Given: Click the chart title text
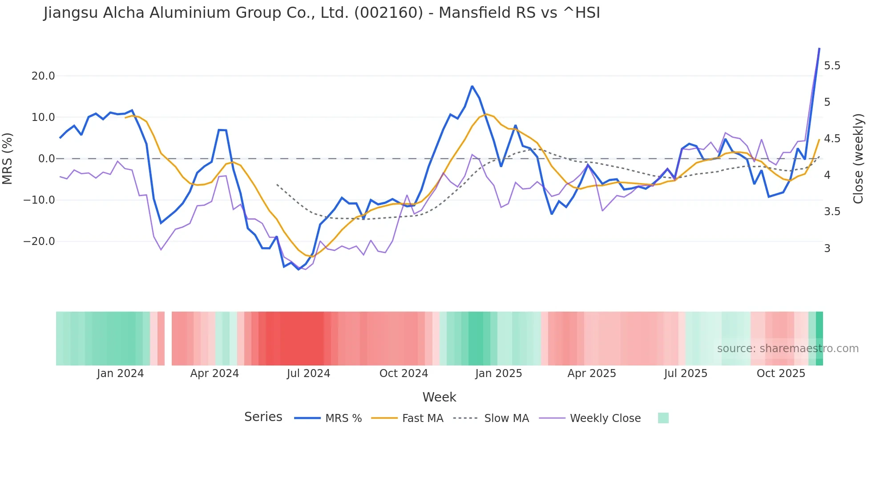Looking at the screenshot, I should coord(322,13).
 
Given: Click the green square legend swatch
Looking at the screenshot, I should coord(663,418).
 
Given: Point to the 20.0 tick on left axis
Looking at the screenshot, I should coord(43,76).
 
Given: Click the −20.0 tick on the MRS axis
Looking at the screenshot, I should coord(39,241).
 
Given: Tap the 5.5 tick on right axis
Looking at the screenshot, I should coord(832,66).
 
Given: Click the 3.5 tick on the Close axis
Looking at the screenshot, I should coord(832,212).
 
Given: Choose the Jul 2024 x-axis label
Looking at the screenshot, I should coord(308,374).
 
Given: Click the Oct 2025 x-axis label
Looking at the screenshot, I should coord(781,374).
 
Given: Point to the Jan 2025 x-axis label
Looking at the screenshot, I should coord(498,374).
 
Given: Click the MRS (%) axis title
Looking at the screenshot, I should coord(8,158).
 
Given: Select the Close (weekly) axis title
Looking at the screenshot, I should coord(858,158).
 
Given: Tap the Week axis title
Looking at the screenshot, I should coord(439,397).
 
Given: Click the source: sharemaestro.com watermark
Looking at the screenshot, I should coord(787,349).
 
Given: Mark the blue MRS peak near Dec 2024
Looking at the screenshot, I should coord(472,86).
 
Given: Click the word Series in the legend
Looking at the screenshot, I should coord(263,417).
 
